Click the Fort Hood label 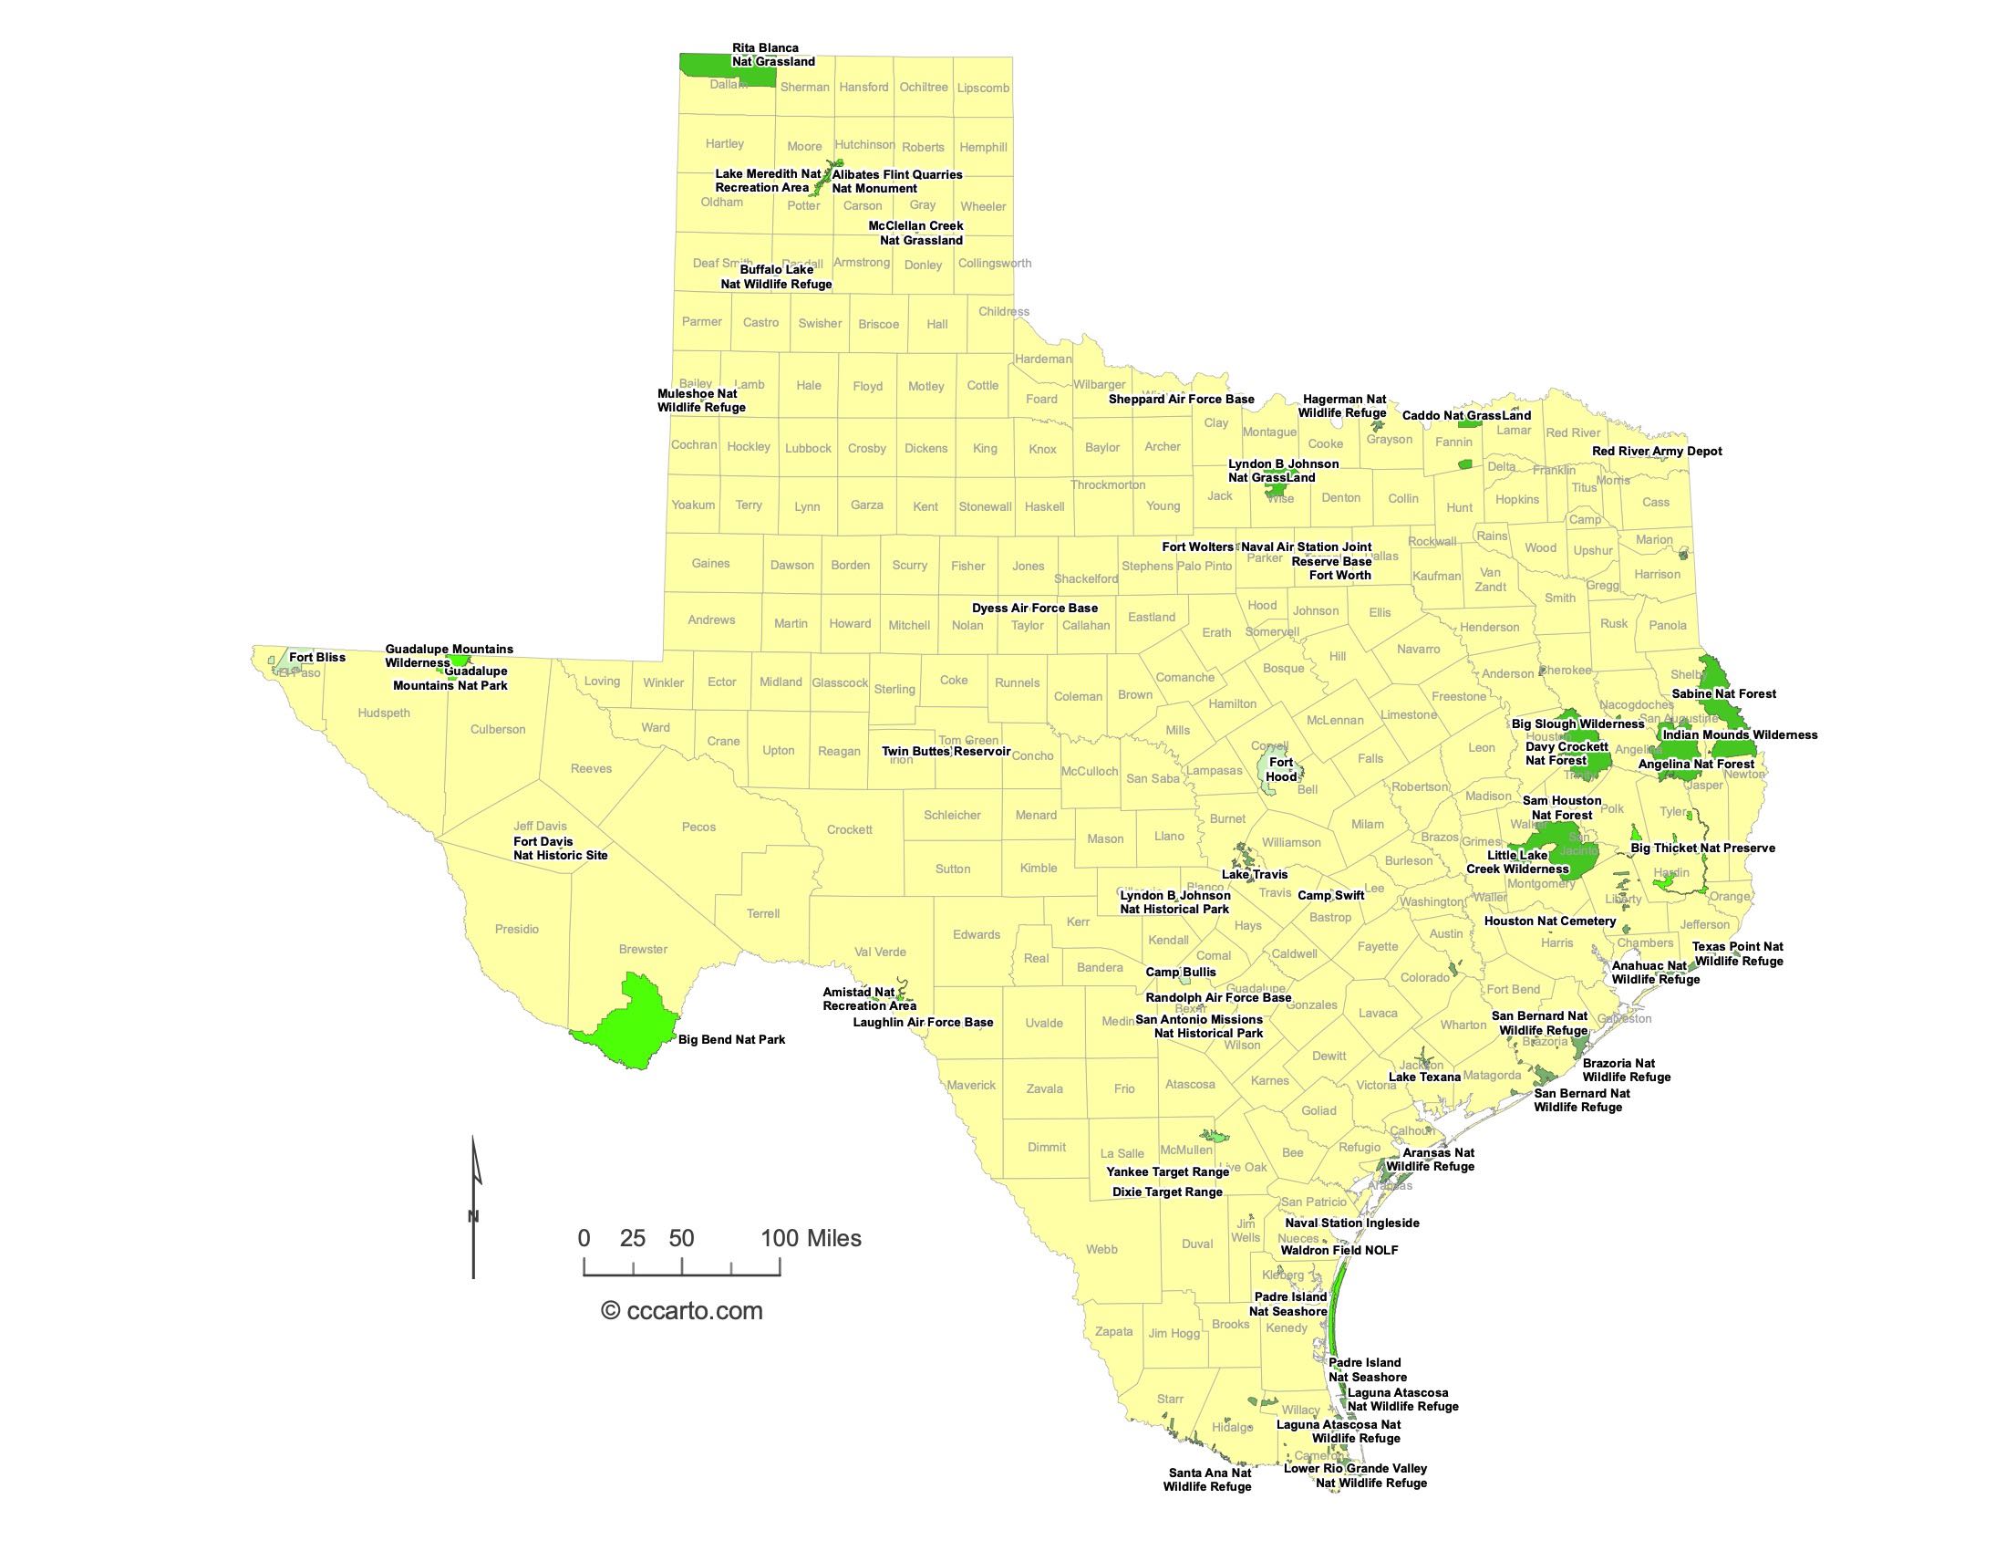1280,769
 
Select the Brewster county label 643,949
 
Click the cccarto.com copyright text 682,1310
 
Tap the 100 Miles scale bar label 811,1238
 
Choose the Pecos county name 698,827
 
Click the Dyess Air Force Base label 1034,608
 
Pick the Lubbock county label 807,448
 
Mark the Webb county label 1101,1249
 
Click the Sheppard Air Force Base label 1181,399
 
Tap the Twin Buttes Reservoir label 946,751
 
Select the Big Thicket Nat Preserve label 1703,848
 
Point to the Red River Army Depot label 1657,451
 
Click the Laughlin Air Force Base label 923,1022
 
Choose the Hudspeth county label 384,713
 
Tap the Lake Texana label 1424,1077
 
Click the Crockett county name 849,829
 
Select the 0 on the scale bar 584,1238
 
